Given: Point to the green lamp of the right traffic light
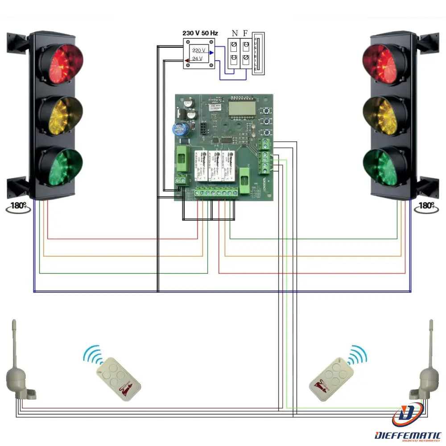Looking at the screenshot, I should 384,166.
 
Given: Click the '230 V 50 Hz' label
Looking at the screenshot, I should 200,33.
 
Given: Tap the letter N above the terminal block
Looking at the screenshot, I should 235,33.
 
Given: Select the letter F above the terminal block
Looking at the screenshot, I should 245,33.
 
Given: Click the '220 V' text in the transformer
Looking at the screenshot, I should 199,51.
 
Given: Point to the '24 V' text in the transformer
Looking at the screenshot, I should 197,59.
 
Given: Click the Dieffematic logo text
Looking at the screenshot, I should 408,435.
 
